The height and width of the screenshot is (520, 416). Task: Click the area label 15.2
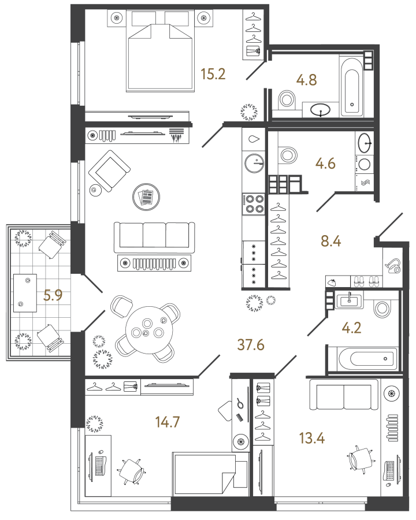click(x=212, y=73)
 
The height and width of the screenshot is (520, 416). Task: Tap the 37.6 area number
click(x=251, y=344)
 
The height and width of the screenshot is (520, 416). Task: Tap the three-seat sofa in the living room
click(x=154, y=237)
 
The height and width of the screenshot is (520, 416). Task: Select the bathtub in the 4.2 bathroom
click(x=362, y=359)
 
